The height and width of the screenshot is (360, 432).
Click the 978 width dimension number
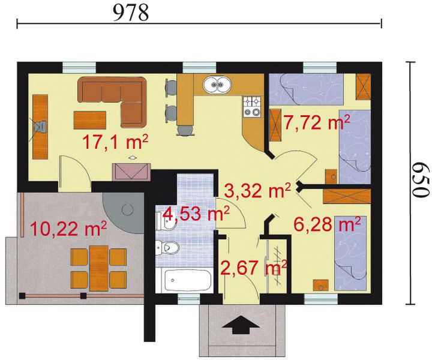pos(131,13)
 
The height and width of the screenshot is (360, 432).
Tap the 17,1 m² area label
pos(115,142)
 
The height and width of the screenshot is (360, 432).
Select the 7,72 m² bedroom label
pos(317,122)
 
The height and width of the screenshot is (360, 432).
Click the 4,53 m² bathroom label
pos(196,214)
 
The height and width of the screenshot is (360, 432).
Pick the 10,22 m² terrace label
pos(68,229)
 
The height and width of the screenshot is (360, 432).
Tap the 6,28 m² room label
pos(328,224)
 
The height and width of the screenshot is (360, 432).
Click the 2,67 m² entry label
pos(254,268)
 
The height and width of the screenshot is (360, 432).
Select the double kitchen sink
pos(217,84)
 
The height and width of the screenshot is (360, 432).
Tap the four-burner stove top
pos(252,106)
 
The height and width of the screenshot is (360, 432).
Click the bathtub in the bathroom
pos(187,280)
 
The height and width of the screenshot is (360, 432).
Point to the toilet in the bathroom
pos(167,247)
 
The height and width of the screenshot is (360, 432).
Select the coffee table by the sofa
pos(90,120)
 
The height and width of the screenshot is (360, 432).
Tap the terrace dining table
pos(99,268)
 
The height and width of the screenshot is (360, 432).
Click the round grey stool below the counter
pos(185,130)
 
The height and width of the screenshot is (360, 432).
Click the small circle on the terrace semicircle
pos(127,210)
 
